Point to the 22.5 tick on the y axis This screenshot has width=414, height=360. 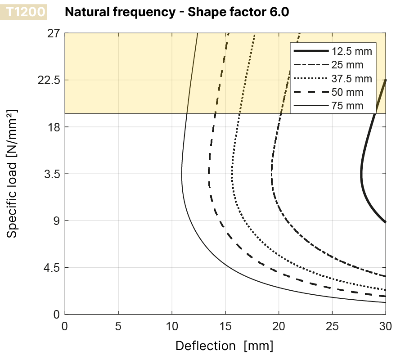(49, 80)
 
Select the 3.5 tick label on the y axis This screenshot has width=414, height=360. (52, 174)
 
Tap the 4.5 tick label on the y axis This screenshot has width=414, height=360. (52, 268)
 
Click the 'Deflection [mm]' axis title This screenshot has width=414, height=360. (224, 346)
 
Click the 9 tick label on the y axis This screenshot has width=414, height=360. (57, 220)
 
